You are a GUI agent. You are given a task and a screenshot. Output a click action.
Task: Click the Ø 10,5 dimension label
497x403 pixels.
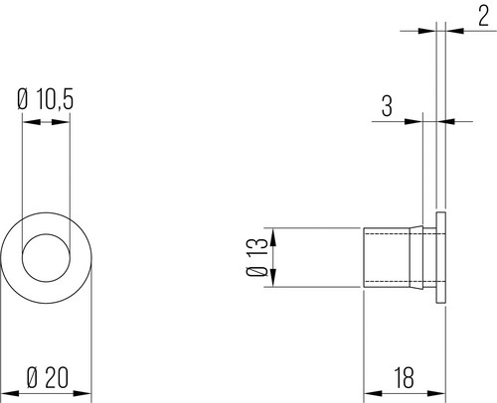45,98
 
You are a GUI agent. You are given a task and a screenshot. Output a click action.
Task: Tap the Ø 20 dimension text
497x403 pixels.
48,377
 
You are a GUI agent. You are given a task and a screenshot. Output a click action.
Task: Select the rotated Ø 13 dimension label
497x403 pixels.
256,257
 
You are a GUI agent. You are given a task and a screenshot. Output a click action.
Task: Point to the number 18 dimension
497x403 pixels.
404,377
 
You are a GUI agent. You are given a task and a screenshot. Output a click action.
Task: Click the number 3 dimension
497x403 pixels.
387,105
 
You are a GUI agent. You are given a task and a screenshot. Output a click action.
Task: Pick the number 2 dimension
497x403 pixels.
483,16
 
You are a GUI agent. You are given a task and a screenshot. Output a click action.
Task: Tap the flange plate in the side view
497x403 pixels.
441,257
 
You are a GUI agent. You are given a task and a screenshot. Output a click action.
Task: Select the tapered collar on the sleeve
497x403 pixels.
416,257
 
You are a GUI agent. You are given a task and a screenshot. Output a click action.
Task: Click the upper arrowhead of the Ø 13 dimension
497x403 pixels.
273,237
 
